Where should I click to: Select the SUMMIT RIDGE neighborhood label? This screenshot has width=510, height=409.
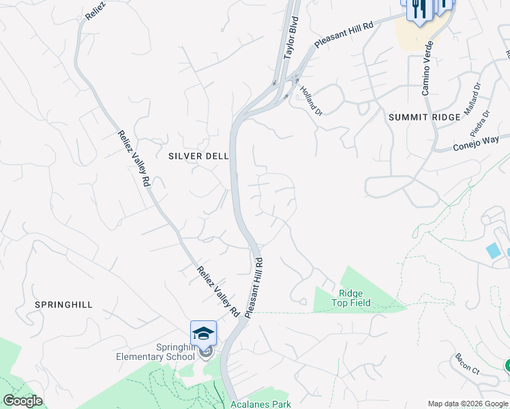pyautogui.click(x=417, y=117)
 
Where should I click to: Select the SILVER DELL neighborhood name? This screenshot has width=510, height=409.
pyautogui.click(x=198, y=156)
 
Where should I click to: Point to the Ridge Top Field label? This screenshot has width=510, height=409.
pyautogui.click(x=351, y=298)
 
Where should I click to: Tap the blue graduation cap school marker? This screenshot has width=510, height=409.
pyautogui.click(x=203, y=333)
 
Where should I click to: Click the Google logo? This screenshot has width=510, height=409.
pyautogui.click(x=22, y=401)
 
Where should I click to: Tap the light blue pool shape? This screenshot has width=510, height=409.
pyautogui.click(x=492, y=250)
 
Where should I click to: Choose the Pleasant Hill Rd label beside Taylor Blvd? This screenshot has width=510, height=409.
pyautogui.click(x=344, y=35)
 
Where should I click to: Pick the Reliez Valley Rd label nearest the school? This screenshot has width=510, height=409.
pyautogui.click(x=217, y=291)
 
